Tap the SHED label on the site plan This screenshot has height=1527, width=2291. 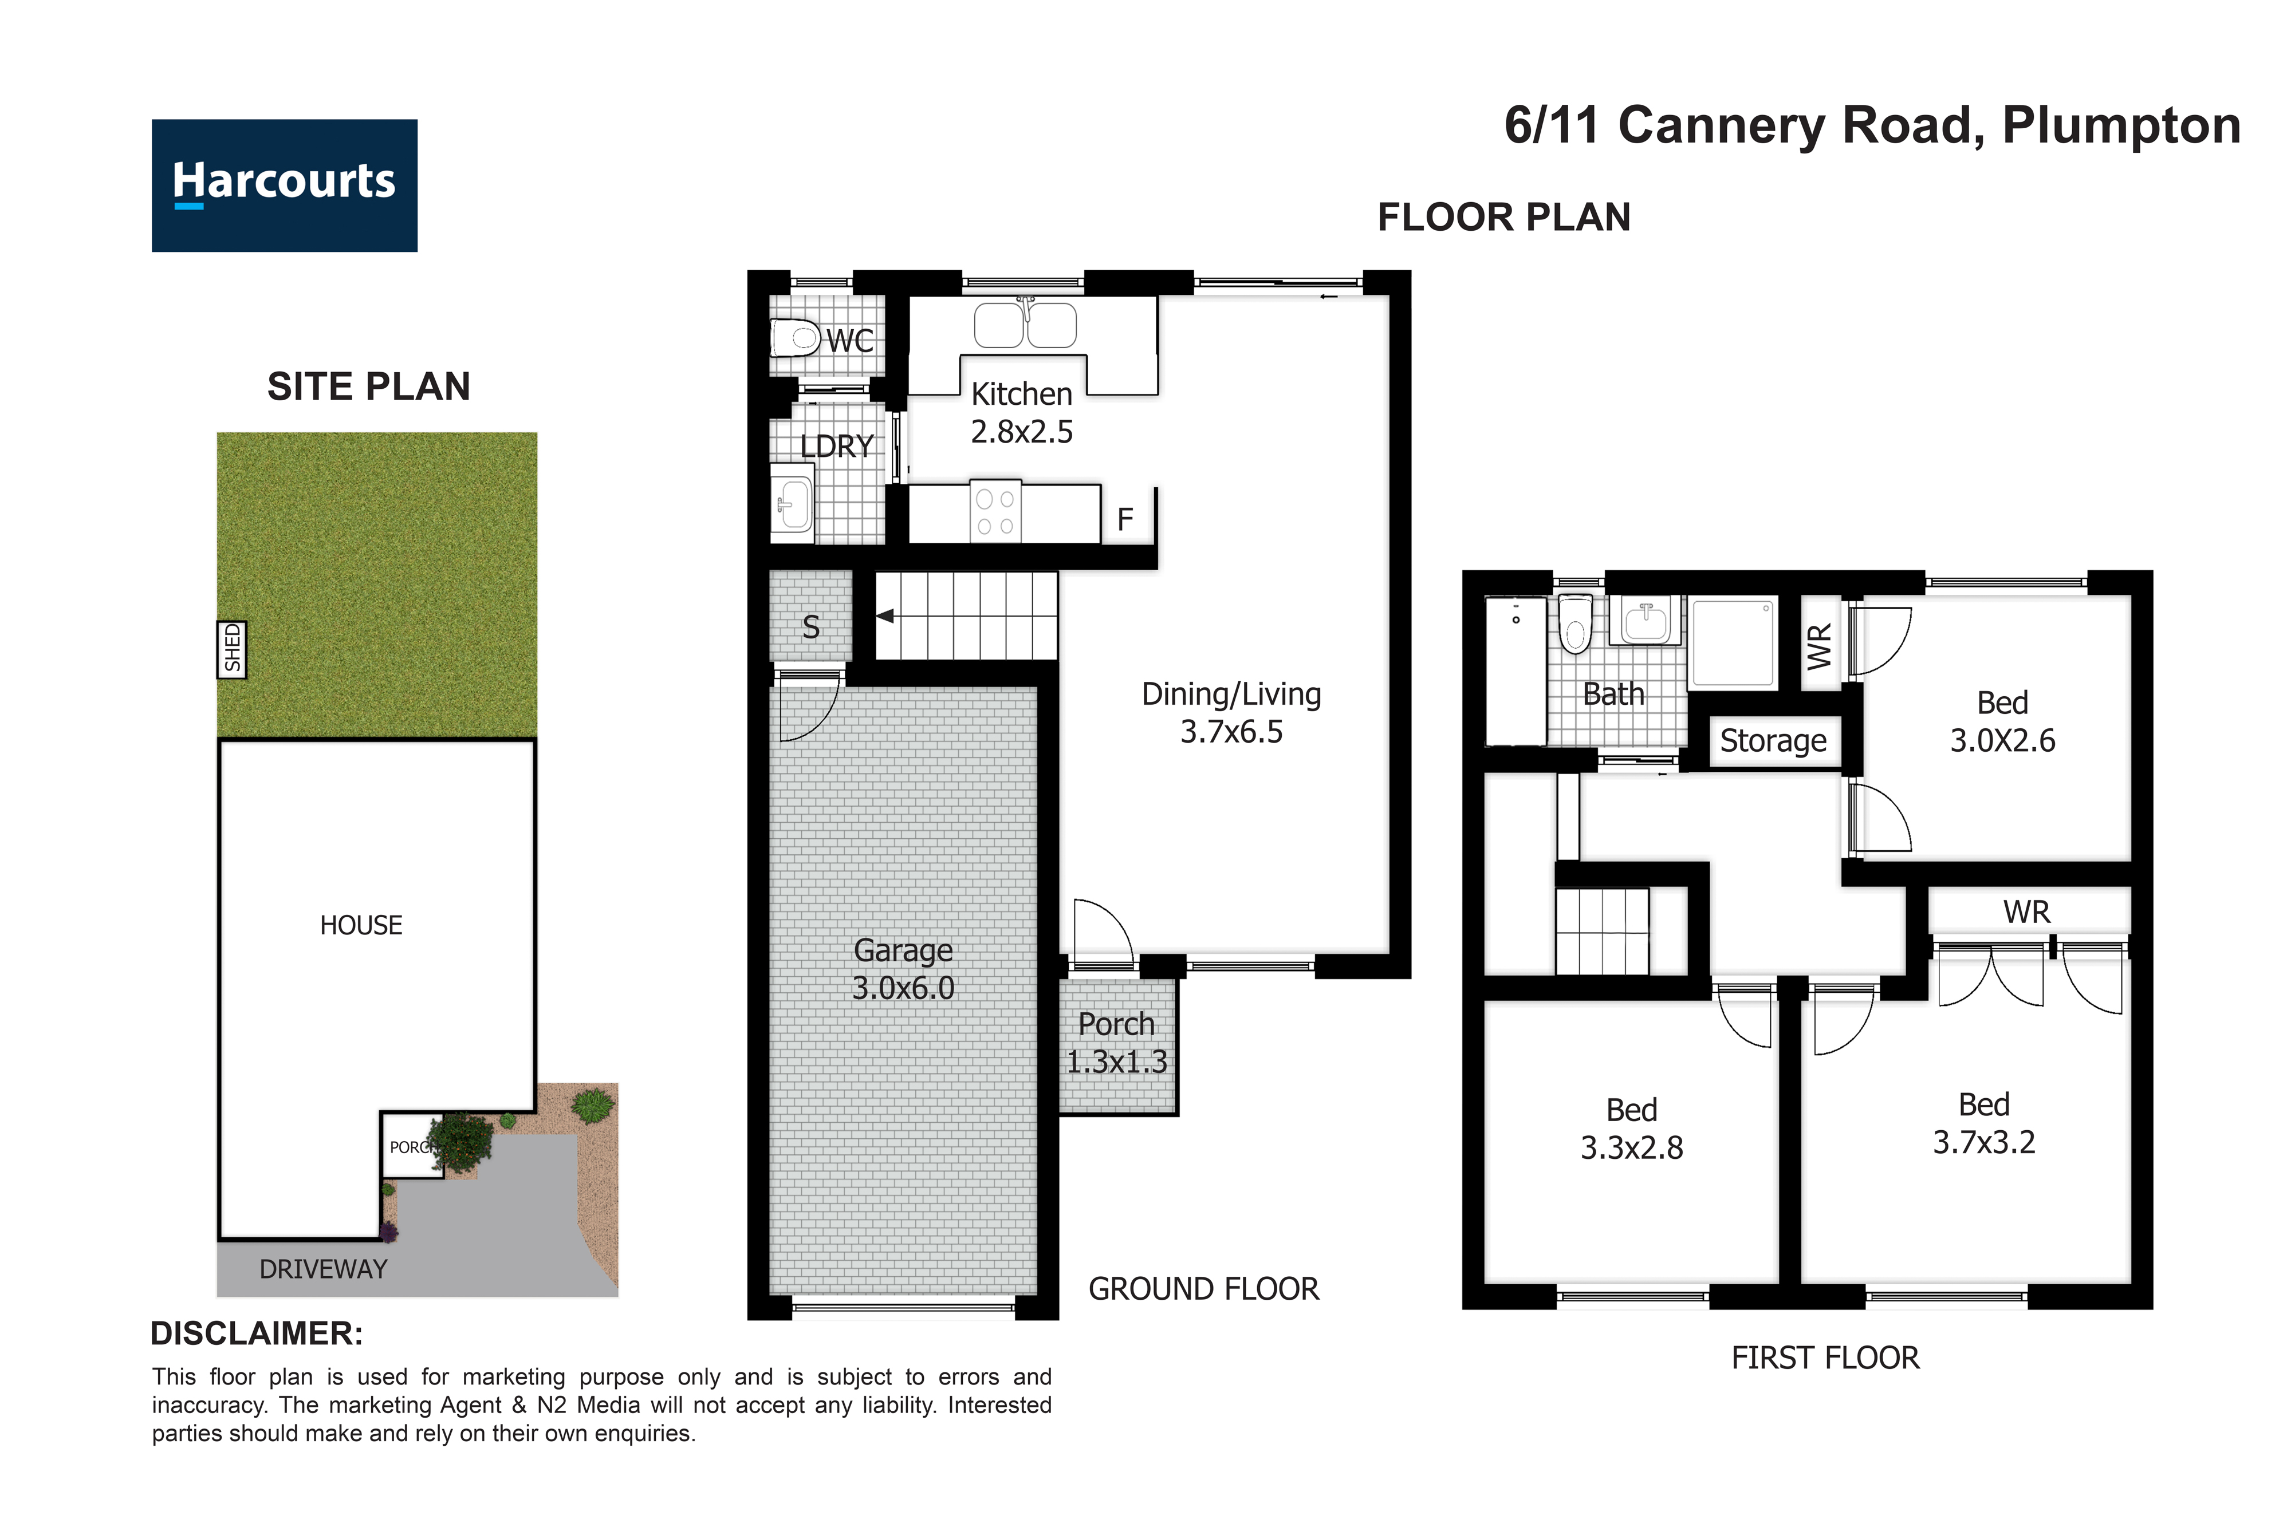[232, 649]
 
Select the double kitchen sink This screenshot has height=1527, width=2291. [1026, 323]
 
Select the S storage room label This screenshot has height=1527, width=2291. [812, 627]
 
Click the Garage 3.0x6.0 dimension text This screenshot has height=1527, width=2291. [903, 969]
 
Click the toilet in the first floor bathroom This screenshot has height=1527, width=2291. [1575, 624]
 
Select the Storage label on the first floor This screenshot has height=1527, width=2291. [1773, 741]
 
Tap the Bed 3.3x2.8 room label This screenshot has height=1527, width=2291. [1632, 1129]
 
